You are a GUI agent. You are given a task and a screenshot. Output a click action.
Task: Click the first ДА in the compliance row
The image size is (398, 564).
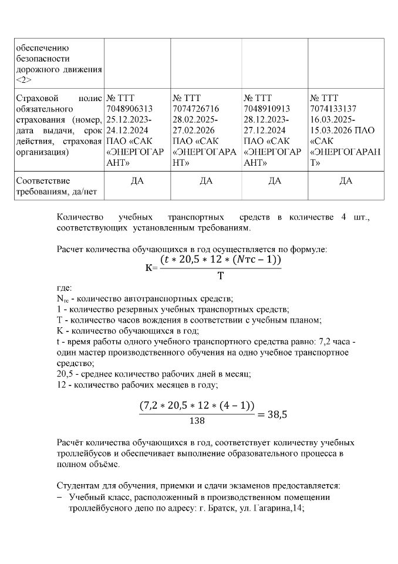click(137, 180)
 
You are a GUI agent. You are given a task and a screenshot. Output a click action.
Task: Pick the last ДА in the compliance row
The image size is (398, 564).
click(346, 180)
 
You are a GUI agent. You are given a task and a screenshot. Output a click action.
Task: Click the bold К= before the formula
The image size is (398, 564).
click(151, 268)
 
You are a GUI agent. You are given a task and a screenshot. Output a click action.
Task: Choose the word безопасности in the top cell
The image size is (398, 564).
click(43, 59)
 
